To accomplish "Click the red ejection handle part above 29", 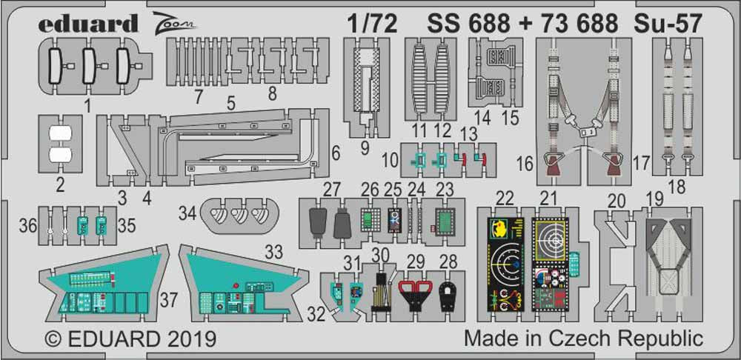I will click(x=415, y=291).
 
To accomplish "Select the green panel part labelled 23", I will click(x=445, y=221).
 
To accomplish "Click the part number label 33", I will click(x=274, y=253).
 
